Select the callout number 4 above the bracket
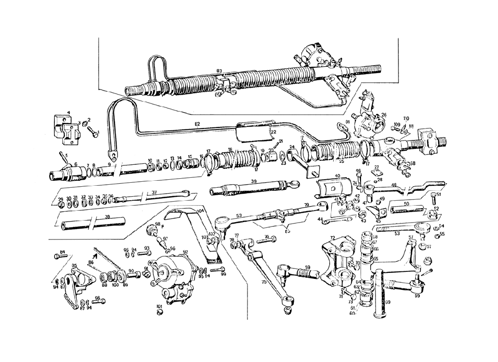coord(69,113)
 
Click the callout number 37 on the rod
coord(154,192)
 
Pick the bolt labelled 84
coord(58,257)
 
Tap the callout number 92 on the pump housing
coord(185,252)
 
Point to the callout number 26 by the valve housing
coord(384,115)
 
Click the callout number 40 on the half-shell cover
coord(338,175)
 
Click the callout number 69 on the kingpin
coord(387,302)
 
